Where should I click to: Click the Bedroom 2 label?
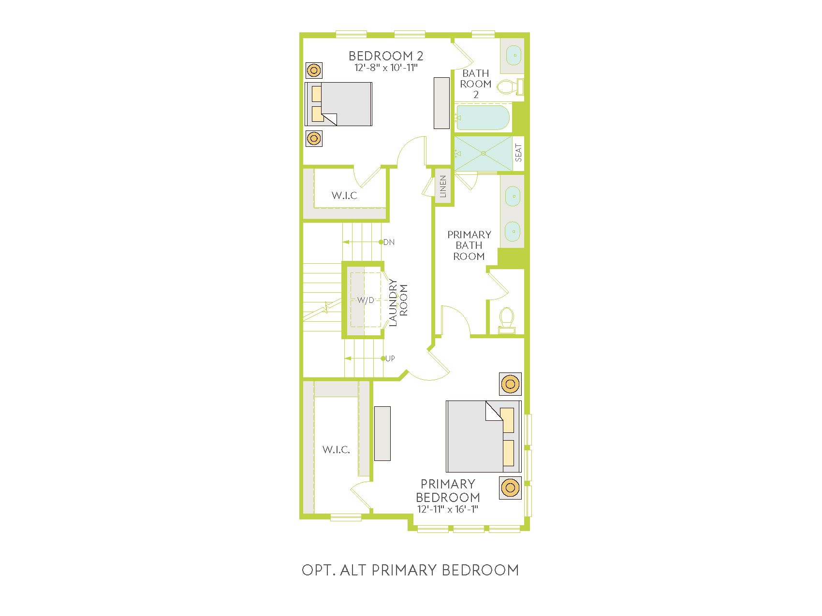pyautogui.click(x=386, y=56)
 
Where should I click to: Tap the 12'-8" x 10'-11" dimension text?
pyautogui.click(x=386, y=68)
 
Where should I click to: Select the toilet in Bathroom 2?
pyautogui.click(x=511, y=86)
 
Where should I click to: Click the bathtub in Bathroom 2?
pyautogui.click(x=483, y=117)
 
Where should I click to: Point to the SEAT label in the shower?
pyautogui.click(x=519, y=153)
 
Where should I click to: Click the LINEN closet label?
pyautogui.click(x=443, y=186)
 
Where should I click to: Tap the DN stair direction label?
pyautogui.click(x=389, y=242)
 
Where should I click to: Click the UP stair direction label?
pyautogui.click(x=390, y=358)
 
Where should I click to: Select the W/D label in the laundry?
pyautogui.click(x=366, y=300)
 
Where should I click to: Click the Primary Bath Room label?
pyautogui.click(x=469, y=245)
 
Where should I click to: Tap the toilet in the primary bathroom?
pyautogui.click(x=507, y=320)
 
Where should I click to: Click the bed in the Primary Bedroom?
pyautogui.click(x=484, y=436)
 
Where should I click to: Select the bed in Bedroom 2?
pyautogui.click(x=338, y=104)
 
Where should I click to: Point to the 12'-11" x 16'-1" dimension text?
pyautogui.click(x=448, y=509)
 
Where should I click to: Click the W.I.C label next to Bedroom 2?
pyautogui.click(x=344, y=196)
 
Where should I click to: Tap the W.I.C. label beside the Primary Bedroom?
pyautogui.click(x=336, y=450)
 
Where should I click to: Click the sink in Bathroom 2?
pyautogui.click(x=514, y=56)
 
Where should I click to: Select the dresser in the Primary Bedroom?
pyautogui.click(x=382, y=433)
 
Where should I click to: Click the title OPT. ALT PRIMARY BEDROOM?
pyautogui.click(x=411, y=570)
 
